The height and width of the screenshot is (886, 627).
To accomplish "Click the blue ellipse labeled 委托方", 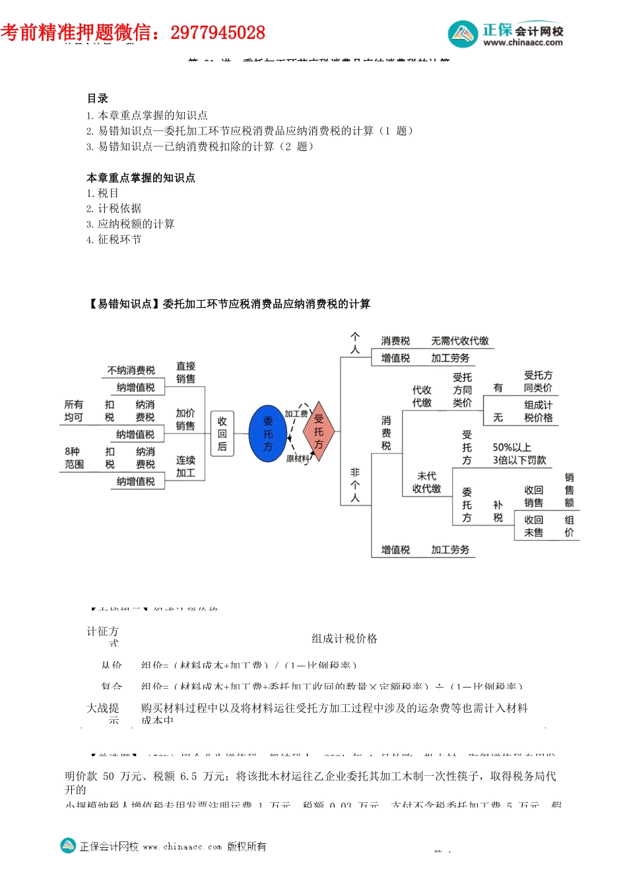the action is [267, 433].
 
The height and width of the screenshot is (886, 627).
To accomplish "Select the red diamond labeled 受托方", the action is [318, 431].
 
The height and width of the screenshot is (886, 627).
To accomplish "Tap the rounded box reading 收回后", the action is [222, 434].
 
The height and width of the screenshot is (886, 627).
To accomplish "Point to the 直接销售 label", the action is [185, 372].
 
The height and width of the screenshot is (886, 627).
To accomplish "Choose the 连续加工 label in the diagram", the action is [185, 466].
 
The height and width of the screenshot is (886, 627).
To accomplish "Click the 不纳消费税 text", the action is [131, 370].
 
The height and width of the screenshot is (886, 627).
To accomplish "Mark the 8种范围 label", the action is [74, 458].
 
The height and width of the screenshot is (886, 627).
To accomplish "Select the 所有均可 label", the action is [74, 411].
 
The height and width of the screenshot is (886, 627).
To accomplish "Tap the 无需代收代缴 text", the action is [459, 341].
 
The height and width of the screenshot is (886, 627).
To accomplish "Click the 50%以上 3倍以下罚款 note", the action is [519, 454].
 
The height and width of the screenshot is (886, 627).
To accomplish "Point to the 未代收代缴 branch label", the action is [426, 482].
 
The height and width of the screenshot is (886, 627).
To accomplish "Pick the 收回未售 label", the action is [533, 526].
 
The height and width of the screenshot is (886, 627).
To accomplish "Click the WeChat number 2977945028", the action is [218, 32].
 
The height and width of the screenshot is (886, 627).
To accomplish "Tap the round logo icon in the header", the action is [463, 34].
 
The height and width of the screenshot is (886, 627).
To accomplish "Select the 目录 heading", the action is [98, 98].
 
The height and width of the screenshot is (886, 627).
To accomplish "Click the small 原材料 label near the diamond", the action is [298, 458].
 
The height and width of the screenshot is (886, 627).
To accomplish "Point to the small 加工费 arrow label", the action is [296, 413].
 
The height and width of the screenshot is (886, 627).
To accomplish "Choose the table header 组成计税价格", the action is [344, 638].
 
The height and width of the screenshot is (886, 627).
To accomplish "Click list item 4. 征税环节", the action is [114, 239].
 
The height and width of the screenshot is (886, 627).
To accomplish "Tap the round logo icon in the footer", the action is [68, 845].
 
